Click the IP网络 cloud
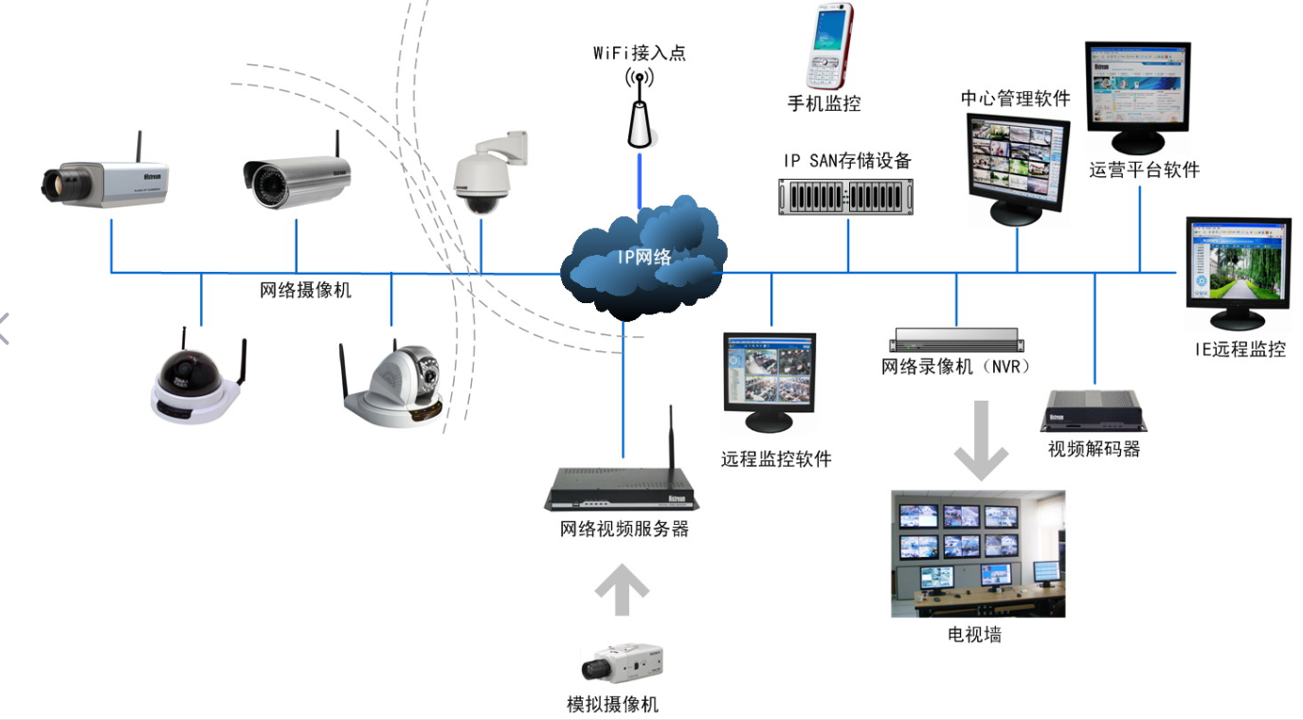643,256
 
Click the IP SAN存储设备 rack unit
848,195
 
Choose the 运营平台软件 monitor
1138,95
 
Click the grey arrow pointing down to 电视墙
981,441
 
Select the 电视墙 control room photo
978,554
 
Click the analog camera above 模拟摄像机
622,664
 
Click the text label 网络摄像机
305,290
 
